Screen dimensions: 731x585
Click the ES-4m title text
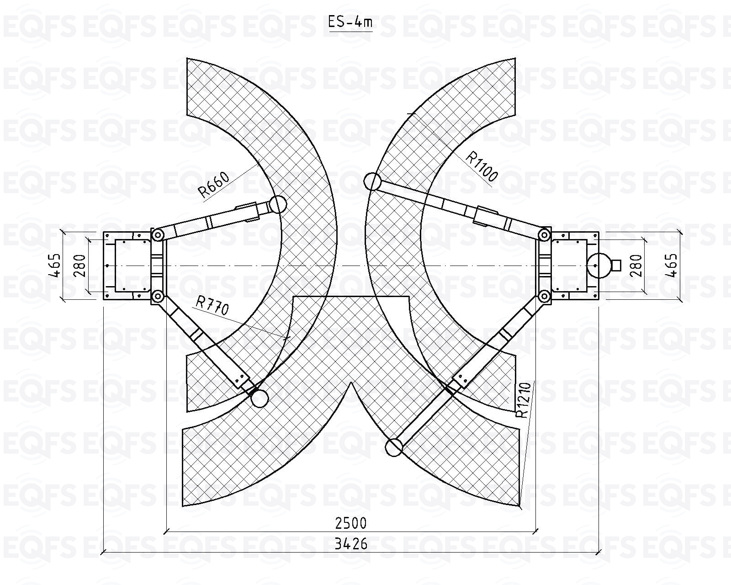click(x=350, y=22)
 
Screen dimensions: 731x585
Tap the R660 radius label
click(x=214, y=185)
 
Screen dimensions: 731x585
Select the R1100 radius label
click(x=482, y=166)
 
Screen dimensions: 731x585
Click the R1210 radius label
click(x=523, y=400)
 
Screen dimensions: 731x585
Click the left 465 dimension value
click(x=56, y=265)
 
